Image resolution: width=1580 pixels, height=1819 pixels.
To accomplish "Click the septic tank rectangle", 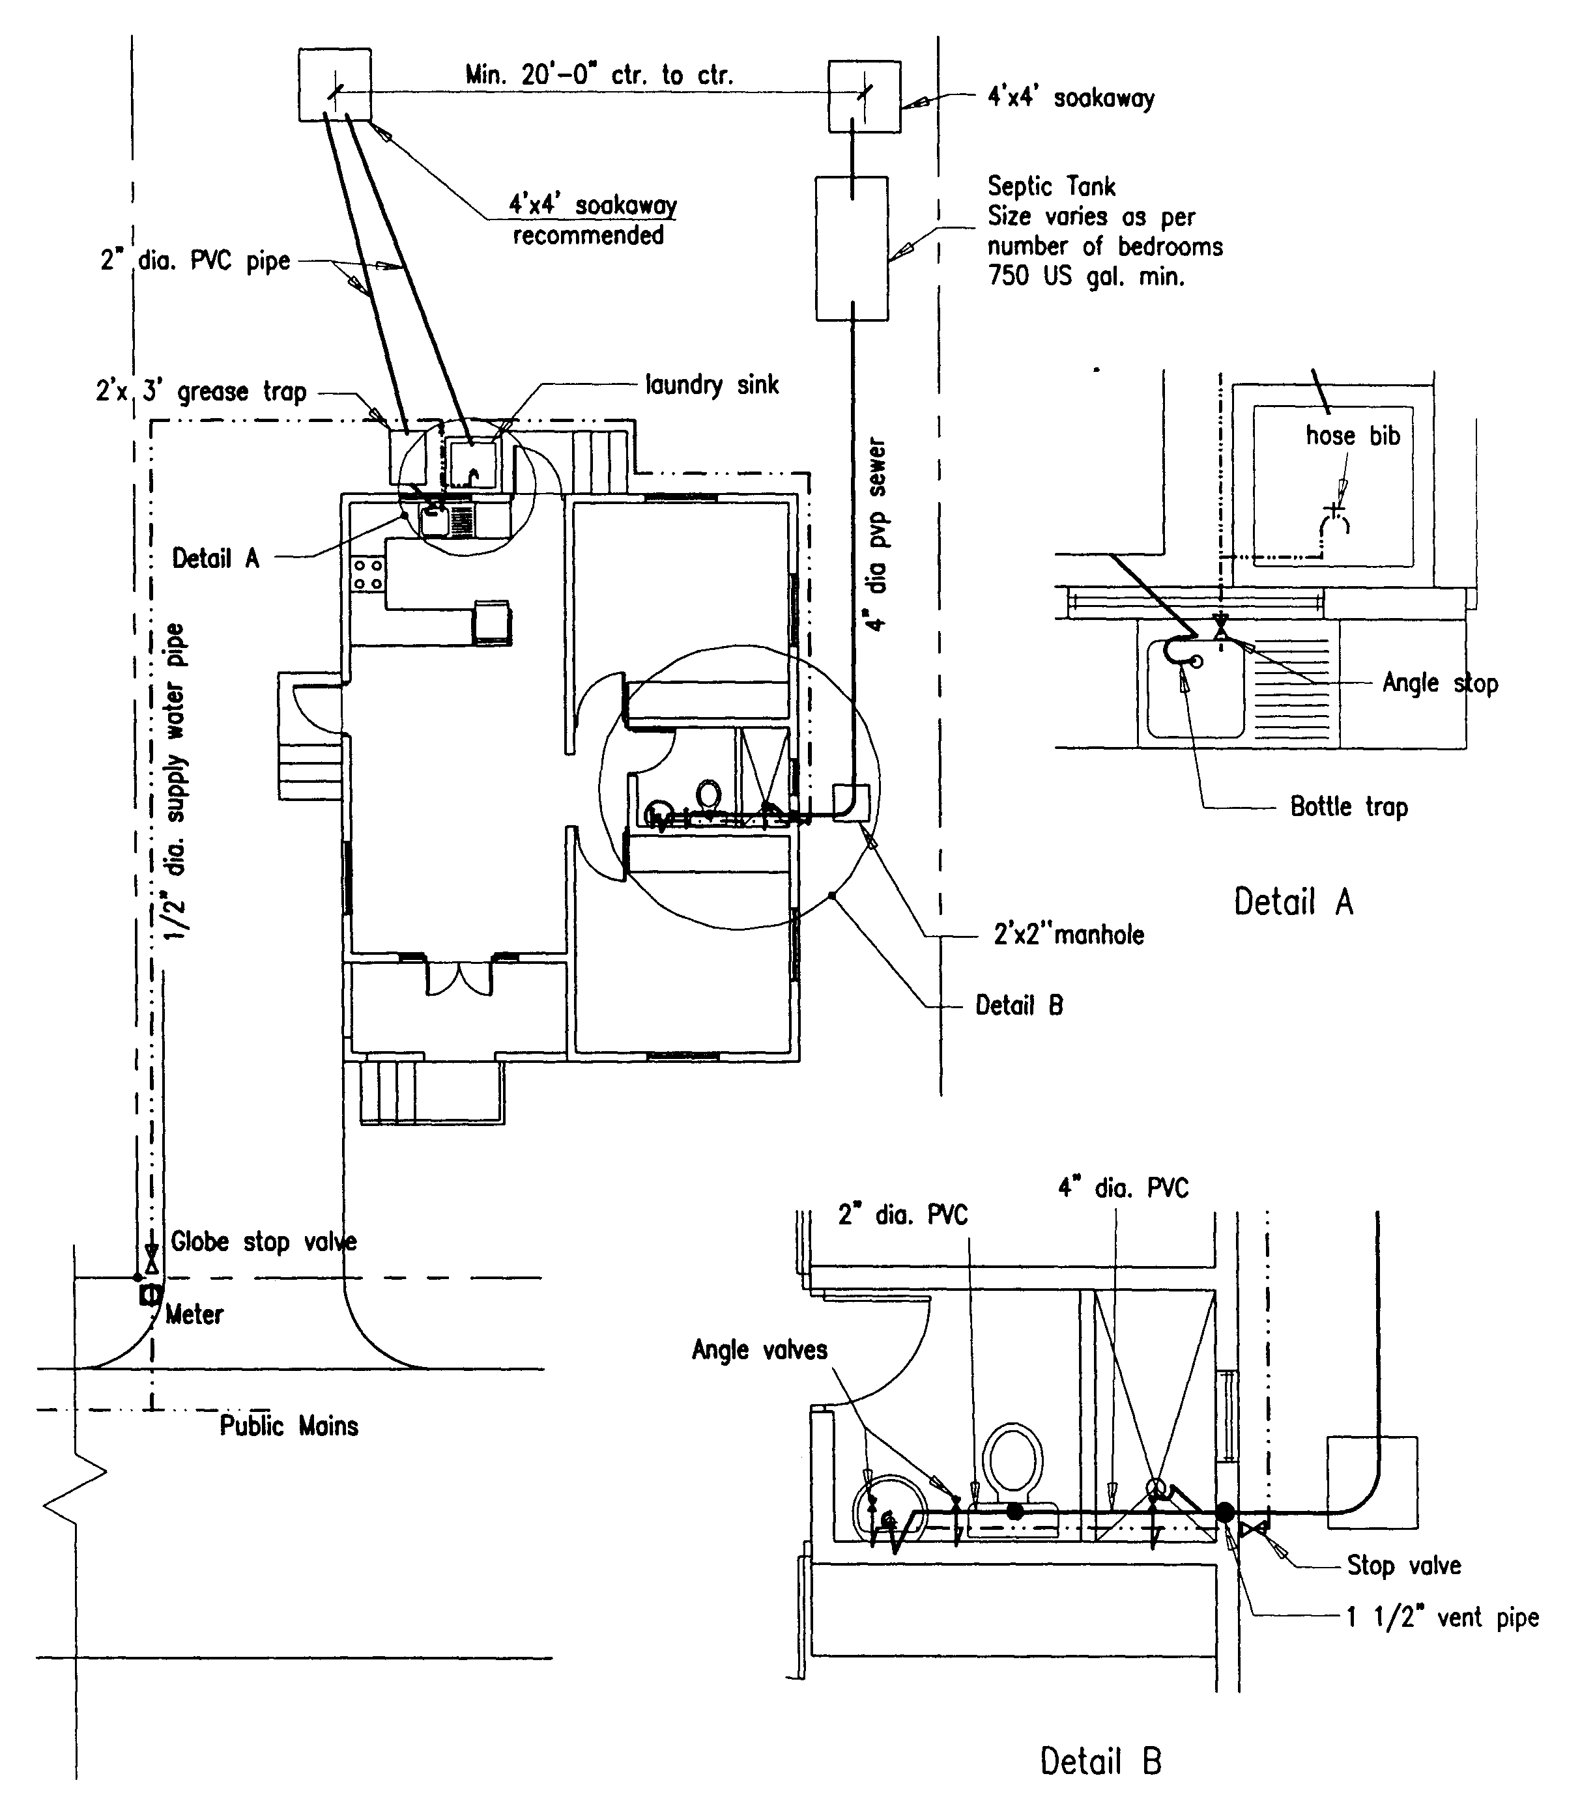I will pos(851,249).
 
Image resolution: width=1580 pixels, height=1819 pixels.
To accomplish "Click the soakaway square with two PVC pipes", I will pos(334,85).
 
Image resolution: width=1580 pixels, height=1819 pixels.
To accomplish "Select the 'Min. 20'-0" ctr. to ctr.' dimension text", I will pos(599,76).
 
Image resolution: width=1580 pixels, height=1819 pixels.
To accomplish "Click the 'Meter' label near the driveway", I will pos(195,1315).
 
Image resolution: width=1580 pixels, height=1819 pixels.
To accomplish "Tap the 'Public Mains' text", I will pos(289,1426).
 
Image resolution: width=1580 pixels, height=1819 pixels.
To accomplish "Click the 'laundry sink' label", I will pos(711,385).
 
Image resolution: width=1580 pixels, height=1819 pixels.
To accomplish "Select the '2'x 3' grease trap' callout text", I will pos(201,391).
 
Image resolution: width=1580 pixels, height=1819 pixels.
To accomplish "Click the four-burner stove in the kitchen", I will pos(367,574).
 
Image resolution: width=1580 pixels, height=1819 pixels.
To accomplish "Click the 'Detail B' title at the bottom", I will pos(1100,1762).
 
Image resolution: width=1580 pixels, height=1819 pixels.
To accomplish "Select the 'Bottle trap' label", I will pos(1348,806).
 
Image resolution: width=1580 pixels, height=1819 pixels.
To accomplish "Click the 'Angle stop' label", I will pos(1440,683).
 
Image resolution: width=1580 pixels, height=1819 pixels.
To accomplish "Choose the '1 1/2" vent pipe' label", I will pos(1443,1617).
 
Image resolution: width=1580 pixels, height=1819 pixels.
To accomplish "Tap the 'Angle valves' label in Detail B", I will pos(759,1350).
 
